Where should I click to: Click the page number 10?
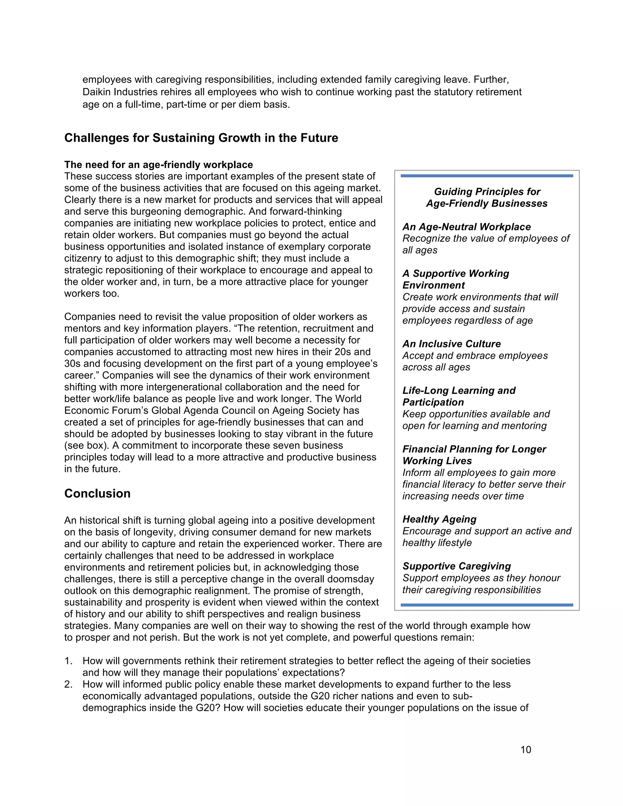526,749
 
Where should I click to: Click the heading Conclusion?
97,493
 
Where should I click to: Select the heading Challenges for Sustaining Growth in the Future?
201,138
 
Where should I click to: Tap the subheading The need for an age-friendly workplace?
159,165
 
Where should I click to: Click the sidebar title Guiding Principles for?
487,192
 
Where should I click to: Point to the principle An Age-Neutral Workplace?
467,227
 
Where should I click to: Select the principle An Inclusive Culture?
451,344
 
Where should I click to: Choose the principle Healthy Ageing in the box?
439,519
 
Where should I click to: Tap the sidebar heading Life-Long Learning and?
459,391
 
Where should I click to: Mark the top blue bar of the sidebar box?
487,176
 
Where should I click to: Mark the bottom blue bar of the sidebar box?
487,605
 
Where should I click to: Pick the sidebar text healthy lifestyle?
437,543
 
